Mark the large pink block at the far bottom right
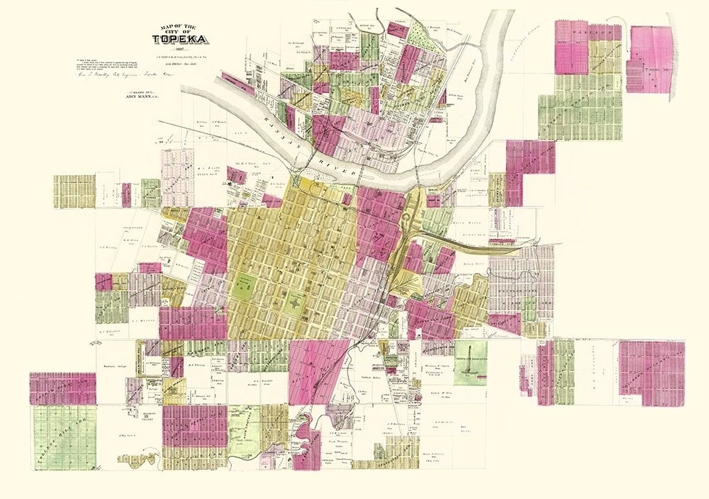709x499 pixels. tap(651, 372)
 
